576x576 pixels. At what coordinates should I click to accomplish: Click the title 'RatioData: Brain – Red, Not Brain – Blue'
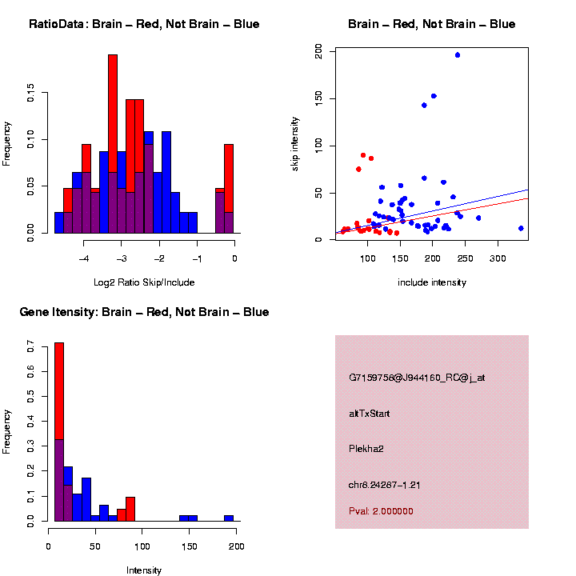[144, 24]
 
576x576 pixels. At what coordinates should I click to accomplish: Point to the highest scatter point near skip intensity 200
[457, 55]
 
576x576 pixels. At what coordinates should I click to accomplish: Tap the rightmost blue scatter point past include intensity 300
[521, 228]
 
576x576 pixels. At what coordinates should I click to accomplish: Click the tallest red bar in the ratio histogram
[113, 144]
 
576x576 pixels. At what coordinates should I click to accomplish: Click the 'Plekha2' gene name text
[366, 449]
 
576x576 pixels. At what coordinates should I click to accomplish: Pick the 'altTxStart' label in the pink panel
[369, 414]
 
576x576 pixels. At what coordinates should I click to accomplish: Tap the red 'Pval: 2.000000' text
[381, 511]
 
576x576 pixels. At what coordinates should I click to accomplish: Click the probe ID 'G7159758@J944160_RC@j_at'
[416, 378]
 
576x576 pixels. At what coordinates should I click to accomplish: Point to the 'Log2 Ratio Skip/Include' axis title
[144, 282]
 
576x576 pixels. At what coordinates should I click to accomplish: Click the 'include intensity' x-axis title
[432, 282]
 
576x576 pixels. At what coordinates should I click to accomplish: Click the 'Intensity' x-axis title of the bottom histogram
[144, 570]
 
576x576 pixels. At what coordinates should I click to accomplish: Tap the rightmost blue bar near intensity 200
[229, 518]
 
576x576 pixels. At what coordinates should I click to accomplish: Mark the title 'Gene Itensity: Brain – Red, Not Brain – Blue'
[144, 312]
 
